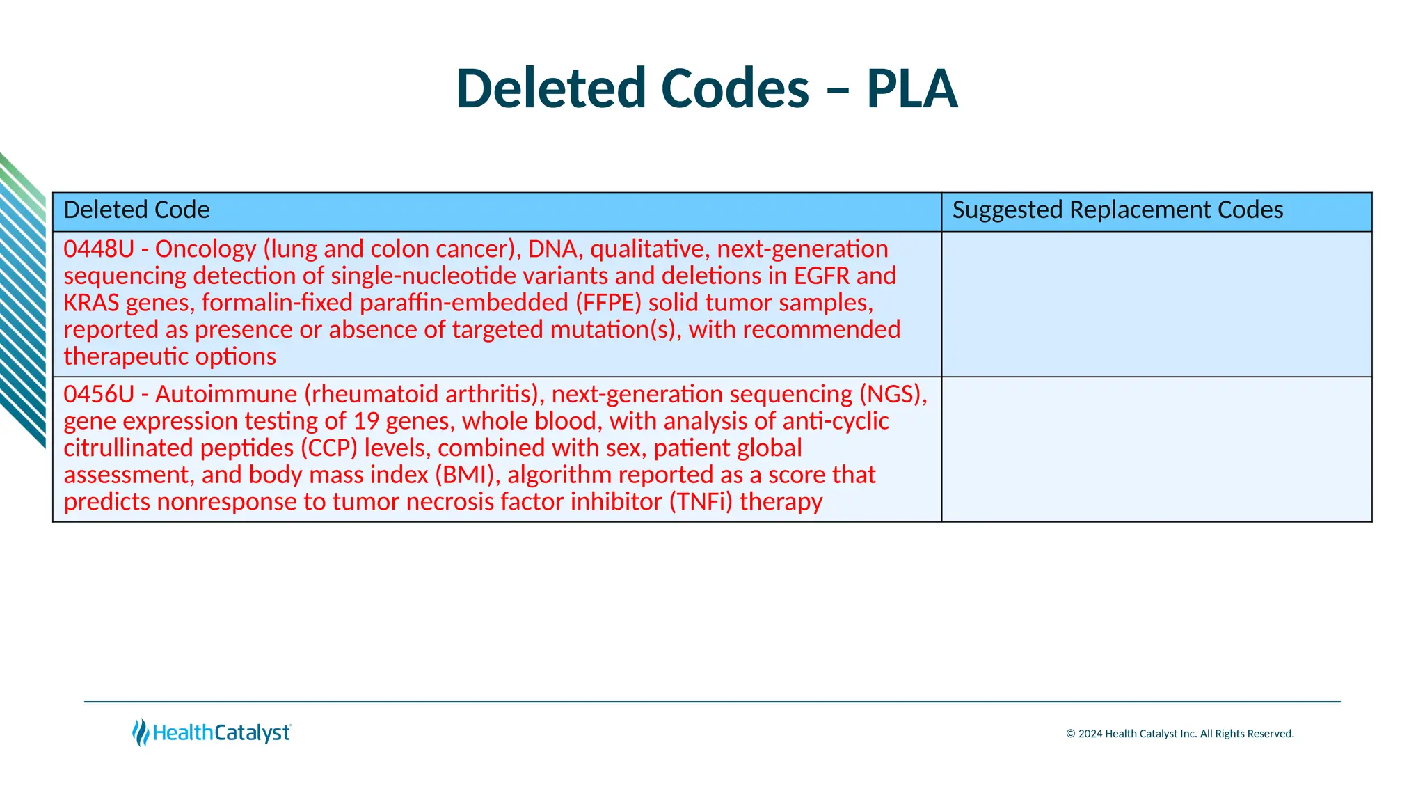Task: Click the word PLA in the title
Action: point(911,89)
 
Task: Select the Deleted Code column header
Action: point(136,210)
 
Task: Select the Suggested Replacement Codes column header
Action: point(1117,210)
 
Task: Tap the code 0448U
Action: point(98,249)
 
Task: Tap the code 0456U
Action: point(98,395)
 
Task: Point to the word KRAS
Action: point(91,304)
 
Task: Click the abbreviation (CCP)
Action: point(329,448)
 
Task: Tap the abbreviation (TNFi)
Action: point(701,502)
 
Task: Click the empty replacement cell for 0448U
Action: point(1156,304)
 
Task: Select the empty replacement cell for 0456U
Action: point(1156,450)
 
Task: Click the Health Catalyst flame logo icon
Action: point(141,733)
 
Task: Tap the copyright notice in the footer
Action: point(1179,734)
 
